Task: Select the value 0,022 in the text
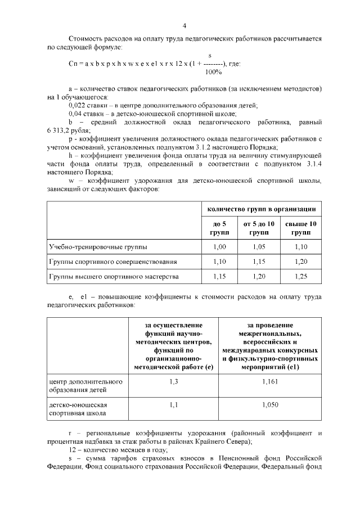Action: (x=76, y=105)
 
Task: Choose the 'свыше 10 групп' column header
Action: (x=301, y=228)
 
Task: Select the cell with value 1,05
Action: (x=259, y=247)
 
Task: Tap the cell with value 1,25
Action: (x=301, y=276)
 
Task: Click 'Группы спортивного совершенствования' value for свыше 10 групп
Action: (x=301, y=262)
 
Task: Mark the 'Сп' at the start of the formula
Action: (x=72, y=64)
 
